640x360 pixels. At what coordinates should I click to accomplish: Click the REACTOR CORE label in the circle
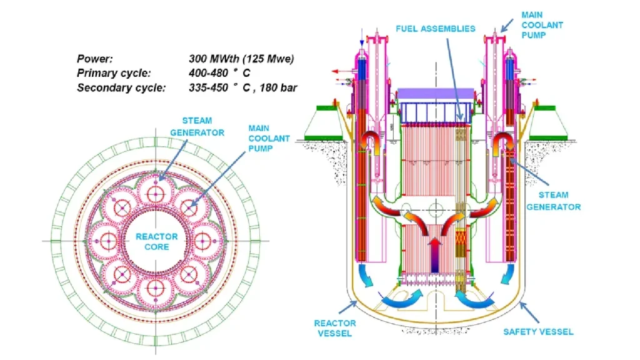[157, 242]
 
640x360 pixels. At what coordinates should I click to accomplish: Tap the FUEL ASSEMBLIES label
[435, 28]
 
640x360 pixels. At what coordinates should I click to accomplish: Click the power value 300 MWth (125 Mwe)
[241, 59]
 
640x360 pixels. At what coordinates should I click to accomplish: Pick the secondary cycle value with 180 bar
[243, 87]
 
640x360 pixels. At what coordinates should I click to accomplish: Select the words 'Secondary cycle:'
[121, 87]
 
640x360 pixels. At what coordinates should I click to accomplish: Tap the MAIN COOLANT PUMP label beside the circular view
[269, 138]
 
